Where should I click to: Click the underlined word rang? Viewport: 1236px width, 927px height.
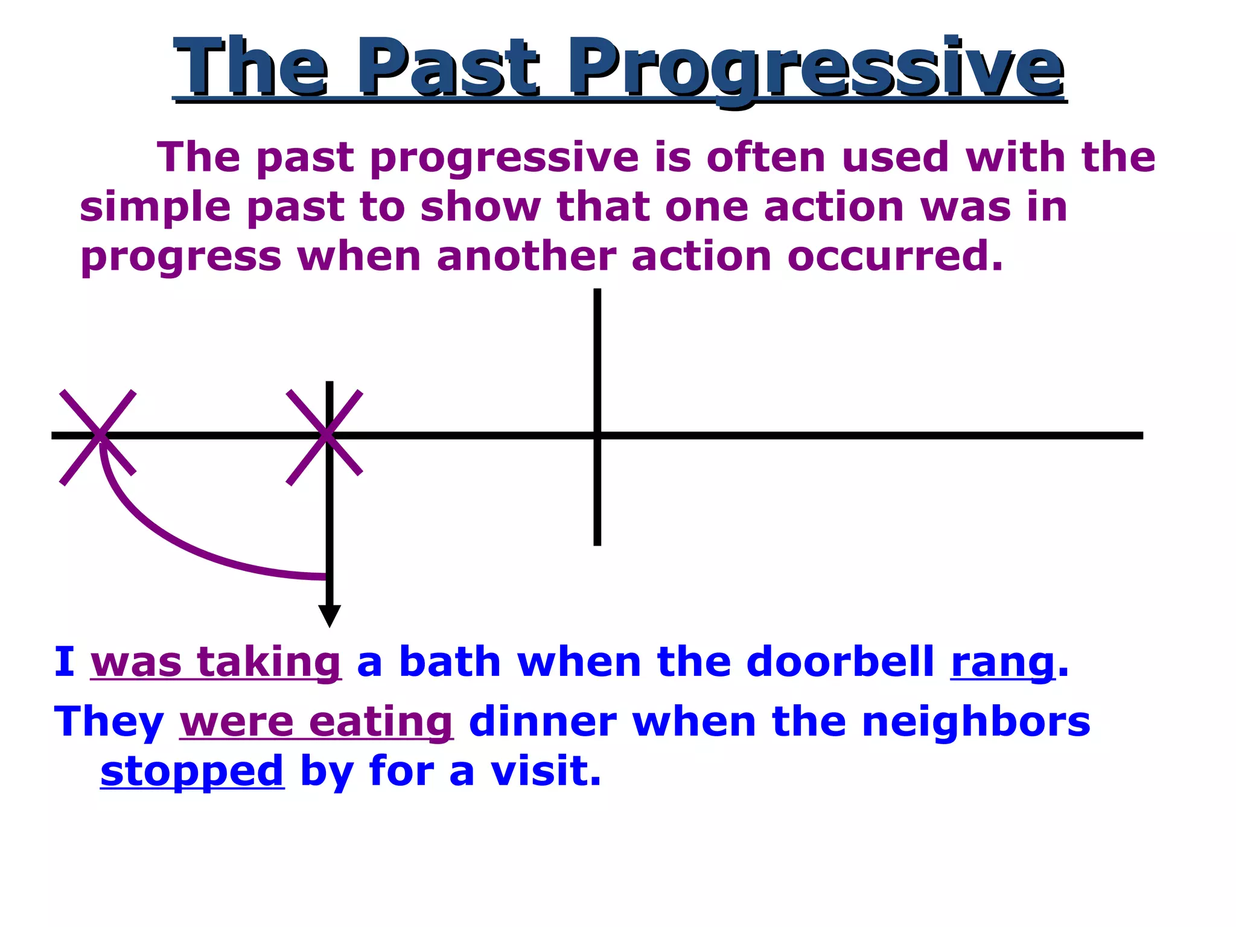pos(1002,662)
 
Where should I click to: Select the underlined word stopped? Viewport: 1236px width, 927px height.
pos(192,772)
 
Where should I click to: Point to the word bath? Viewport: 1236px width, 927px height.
pos(450,662)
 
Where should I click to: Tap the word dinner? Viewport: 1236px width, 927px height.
pos(542,722)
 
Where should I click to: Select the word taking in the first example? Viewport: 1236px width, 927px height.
pos(269,662)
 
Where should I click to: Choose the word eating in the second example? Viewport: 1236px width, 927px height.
pos(380,723)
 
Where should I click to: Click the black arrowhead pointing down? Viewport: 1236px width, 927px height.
pos(330,615)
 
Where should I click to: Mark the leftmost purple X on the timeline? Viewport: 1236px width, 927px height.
pos(98,436)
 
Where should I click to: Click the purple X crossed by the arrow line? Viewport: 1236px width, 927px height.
pos(325,436)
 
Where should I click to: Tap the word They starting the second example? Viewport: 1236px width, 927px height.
pos(109,722)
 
